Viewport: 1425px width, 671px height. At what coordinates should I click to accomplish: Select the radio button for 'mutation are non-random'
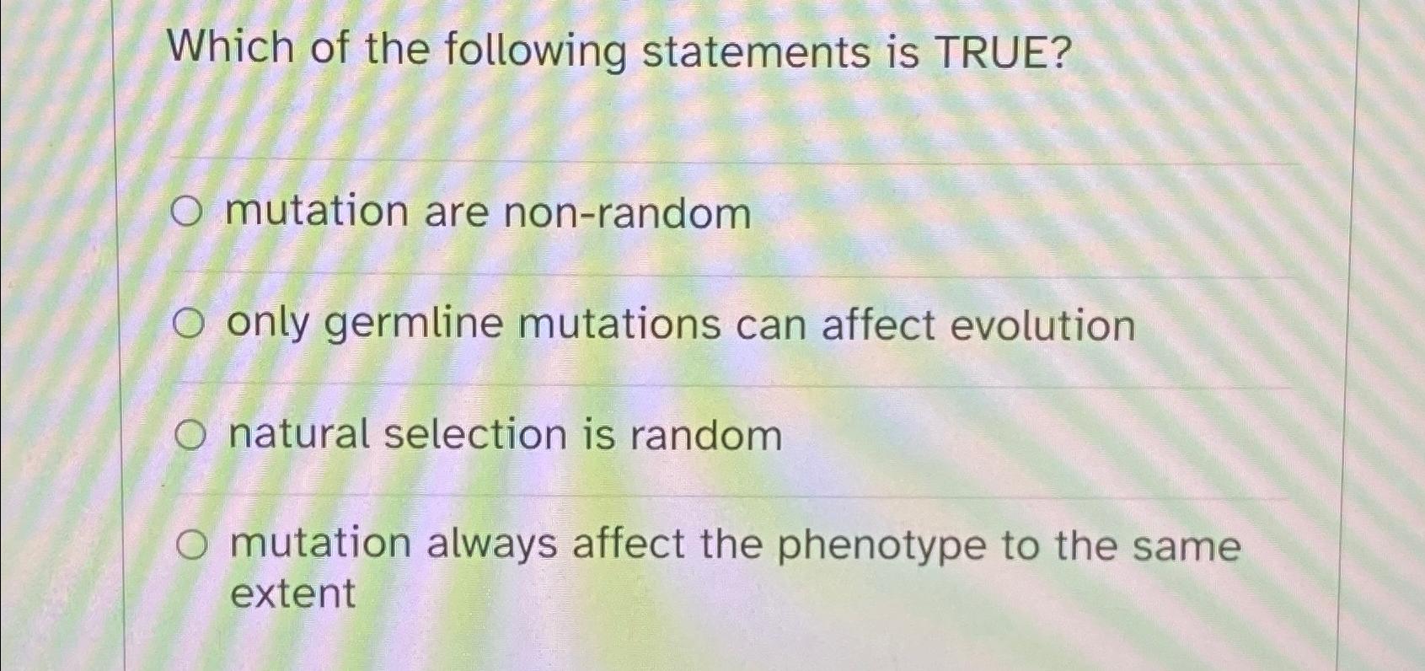click(x=186, y=212)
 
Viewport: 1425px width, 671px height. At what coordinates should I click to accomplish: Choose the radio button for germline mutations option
click(x=189, y=324)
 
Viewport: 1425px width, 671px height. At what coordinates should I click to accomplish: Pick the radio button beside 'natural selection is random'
click(x=191, y=436)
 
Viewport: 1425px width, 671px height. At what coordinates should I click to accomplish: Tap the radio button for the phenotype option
click(x=192, y=546)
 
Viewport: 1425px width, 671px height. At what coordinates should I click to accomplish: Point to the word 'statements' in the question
click(x=756, y=52)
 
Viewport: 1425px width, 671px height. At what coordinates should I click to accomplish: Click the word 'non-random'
click(x=627, y=213)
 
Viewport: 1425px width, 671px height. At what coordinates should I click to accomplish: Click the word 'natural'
click(x=299, y=435)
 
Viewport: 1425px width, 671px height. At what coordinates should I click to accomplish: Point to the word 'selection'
click(x=475, y=435)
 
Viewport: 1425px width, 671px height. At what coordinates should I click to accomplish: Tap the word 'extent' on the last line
click(x=292, y=593)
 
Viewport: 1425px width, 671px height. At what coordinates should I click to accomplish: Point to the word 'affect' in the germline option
click(x=878, y=325)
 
